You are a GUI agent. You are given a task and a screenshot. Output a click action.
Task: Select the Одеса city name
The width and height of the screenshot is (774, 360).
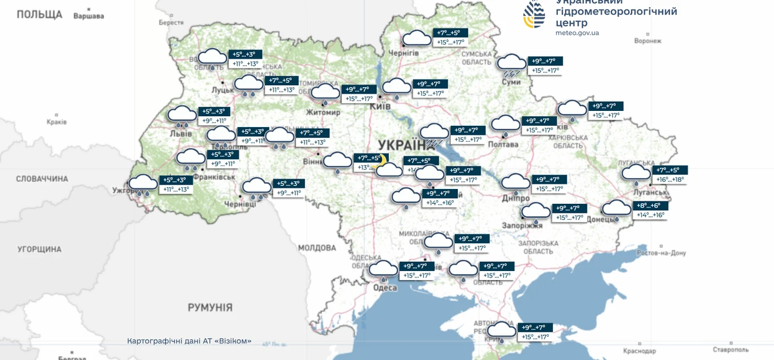click(x=385, y=288)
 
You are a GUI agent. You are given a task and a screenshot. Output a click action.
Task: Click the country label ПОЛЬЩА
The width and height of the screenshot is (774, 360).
click(x=39, y=14)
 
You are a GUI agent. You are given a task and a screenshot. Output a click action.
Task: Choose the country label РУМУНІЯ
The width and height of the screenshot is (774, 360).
click(x=210, y=307)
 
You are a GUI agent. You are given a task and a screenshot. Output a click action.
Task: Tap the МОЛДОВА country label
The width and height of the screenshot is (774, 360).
click(x=317, y=248)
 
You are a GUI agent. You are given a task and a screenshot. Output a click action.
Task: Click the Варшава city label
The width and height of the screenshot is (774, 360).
click(x=89, y=16)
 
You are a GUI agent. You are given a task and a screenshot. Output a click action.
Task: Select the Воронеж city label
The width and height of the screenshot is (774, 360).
click(x=648, y=41)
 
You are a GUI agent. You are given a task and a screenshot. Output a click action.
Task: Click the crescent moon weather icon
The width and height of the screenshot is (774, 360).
click(x=383, y=159)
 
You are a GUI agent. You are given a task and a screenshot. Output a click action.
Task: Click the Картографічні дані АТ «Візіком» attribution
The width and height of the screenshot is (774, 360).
click(x=189, y=341)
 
